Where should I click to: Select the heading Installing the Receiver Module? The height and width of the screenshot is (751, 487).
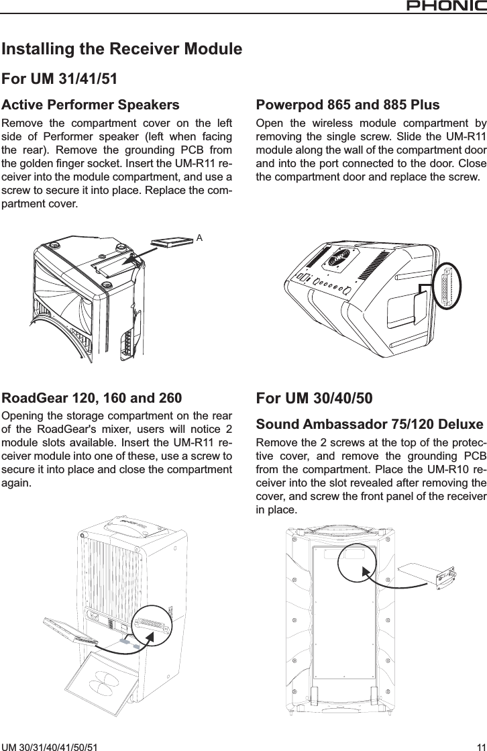(122, 50)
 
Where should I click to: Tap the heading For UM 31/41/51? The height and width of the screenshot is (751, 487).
(60, 79)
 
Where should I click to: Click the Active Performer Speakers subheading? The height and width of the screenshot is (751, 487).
(91, 105)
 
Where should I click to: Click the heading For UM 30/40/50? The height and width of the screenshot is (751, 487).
(315, 399)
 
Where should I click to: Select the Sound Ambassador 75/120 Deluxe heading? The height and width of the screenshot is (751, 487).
(369, 425)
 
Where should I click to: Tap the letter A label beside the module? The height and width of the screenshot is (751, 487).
(199, 238)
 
